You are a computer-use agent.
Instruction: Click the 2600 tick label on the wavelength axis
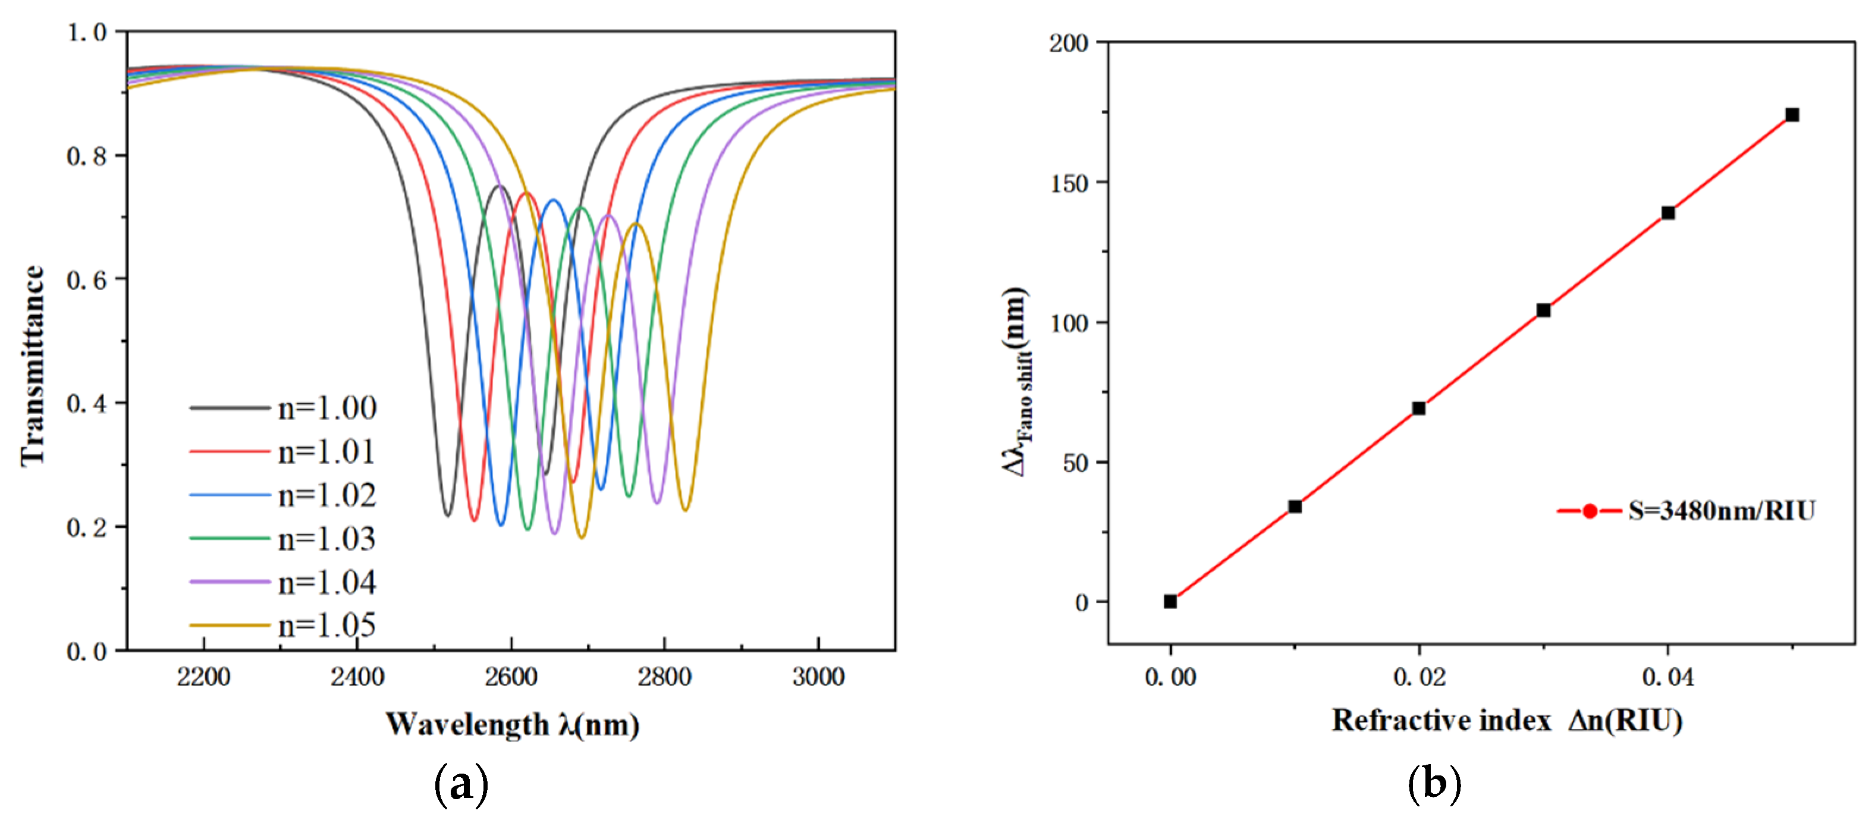click(x=510, y=677)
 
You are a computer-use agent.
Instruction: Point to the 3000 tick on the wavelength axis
click(x=818, y=677)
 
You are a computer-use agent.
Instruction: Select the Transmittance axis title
click(x=33, y=365)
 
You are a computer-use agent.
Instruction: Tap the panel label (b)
click(x=1434, y=784)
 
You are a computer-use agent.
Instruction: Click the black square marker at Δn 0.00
click(x=1170, y=601)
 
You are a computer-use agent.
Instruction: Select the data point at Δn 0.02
click(x=1419, y=408)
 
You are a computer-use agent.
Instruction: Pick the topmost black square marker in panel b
click(x=1792, y=115)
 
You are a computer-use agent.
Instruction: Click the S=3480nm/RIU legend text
click(x=1722, y=511)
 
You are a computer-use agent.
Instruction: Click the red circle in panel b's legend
click(x=1590, y=511)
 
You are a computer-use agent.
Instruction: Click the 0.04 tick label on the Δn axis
click(x=1667, y=677)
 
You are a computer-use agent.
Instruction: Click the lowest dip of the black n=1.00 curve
click(x=448, y=515)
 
